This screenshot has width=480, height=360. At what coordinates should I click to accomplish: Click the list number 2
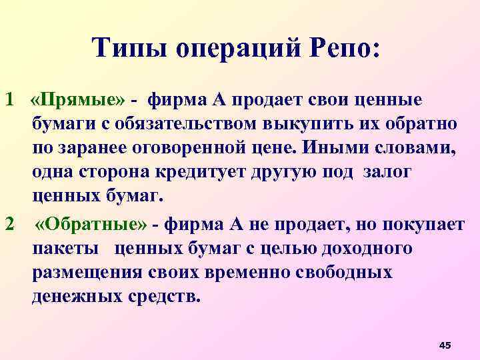coord(9,225)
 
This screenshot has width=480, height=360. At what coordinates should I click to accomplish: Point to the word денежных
coord(75,297)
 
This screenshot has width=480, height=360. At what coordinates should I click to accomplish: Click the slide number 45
coord(445,344)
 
